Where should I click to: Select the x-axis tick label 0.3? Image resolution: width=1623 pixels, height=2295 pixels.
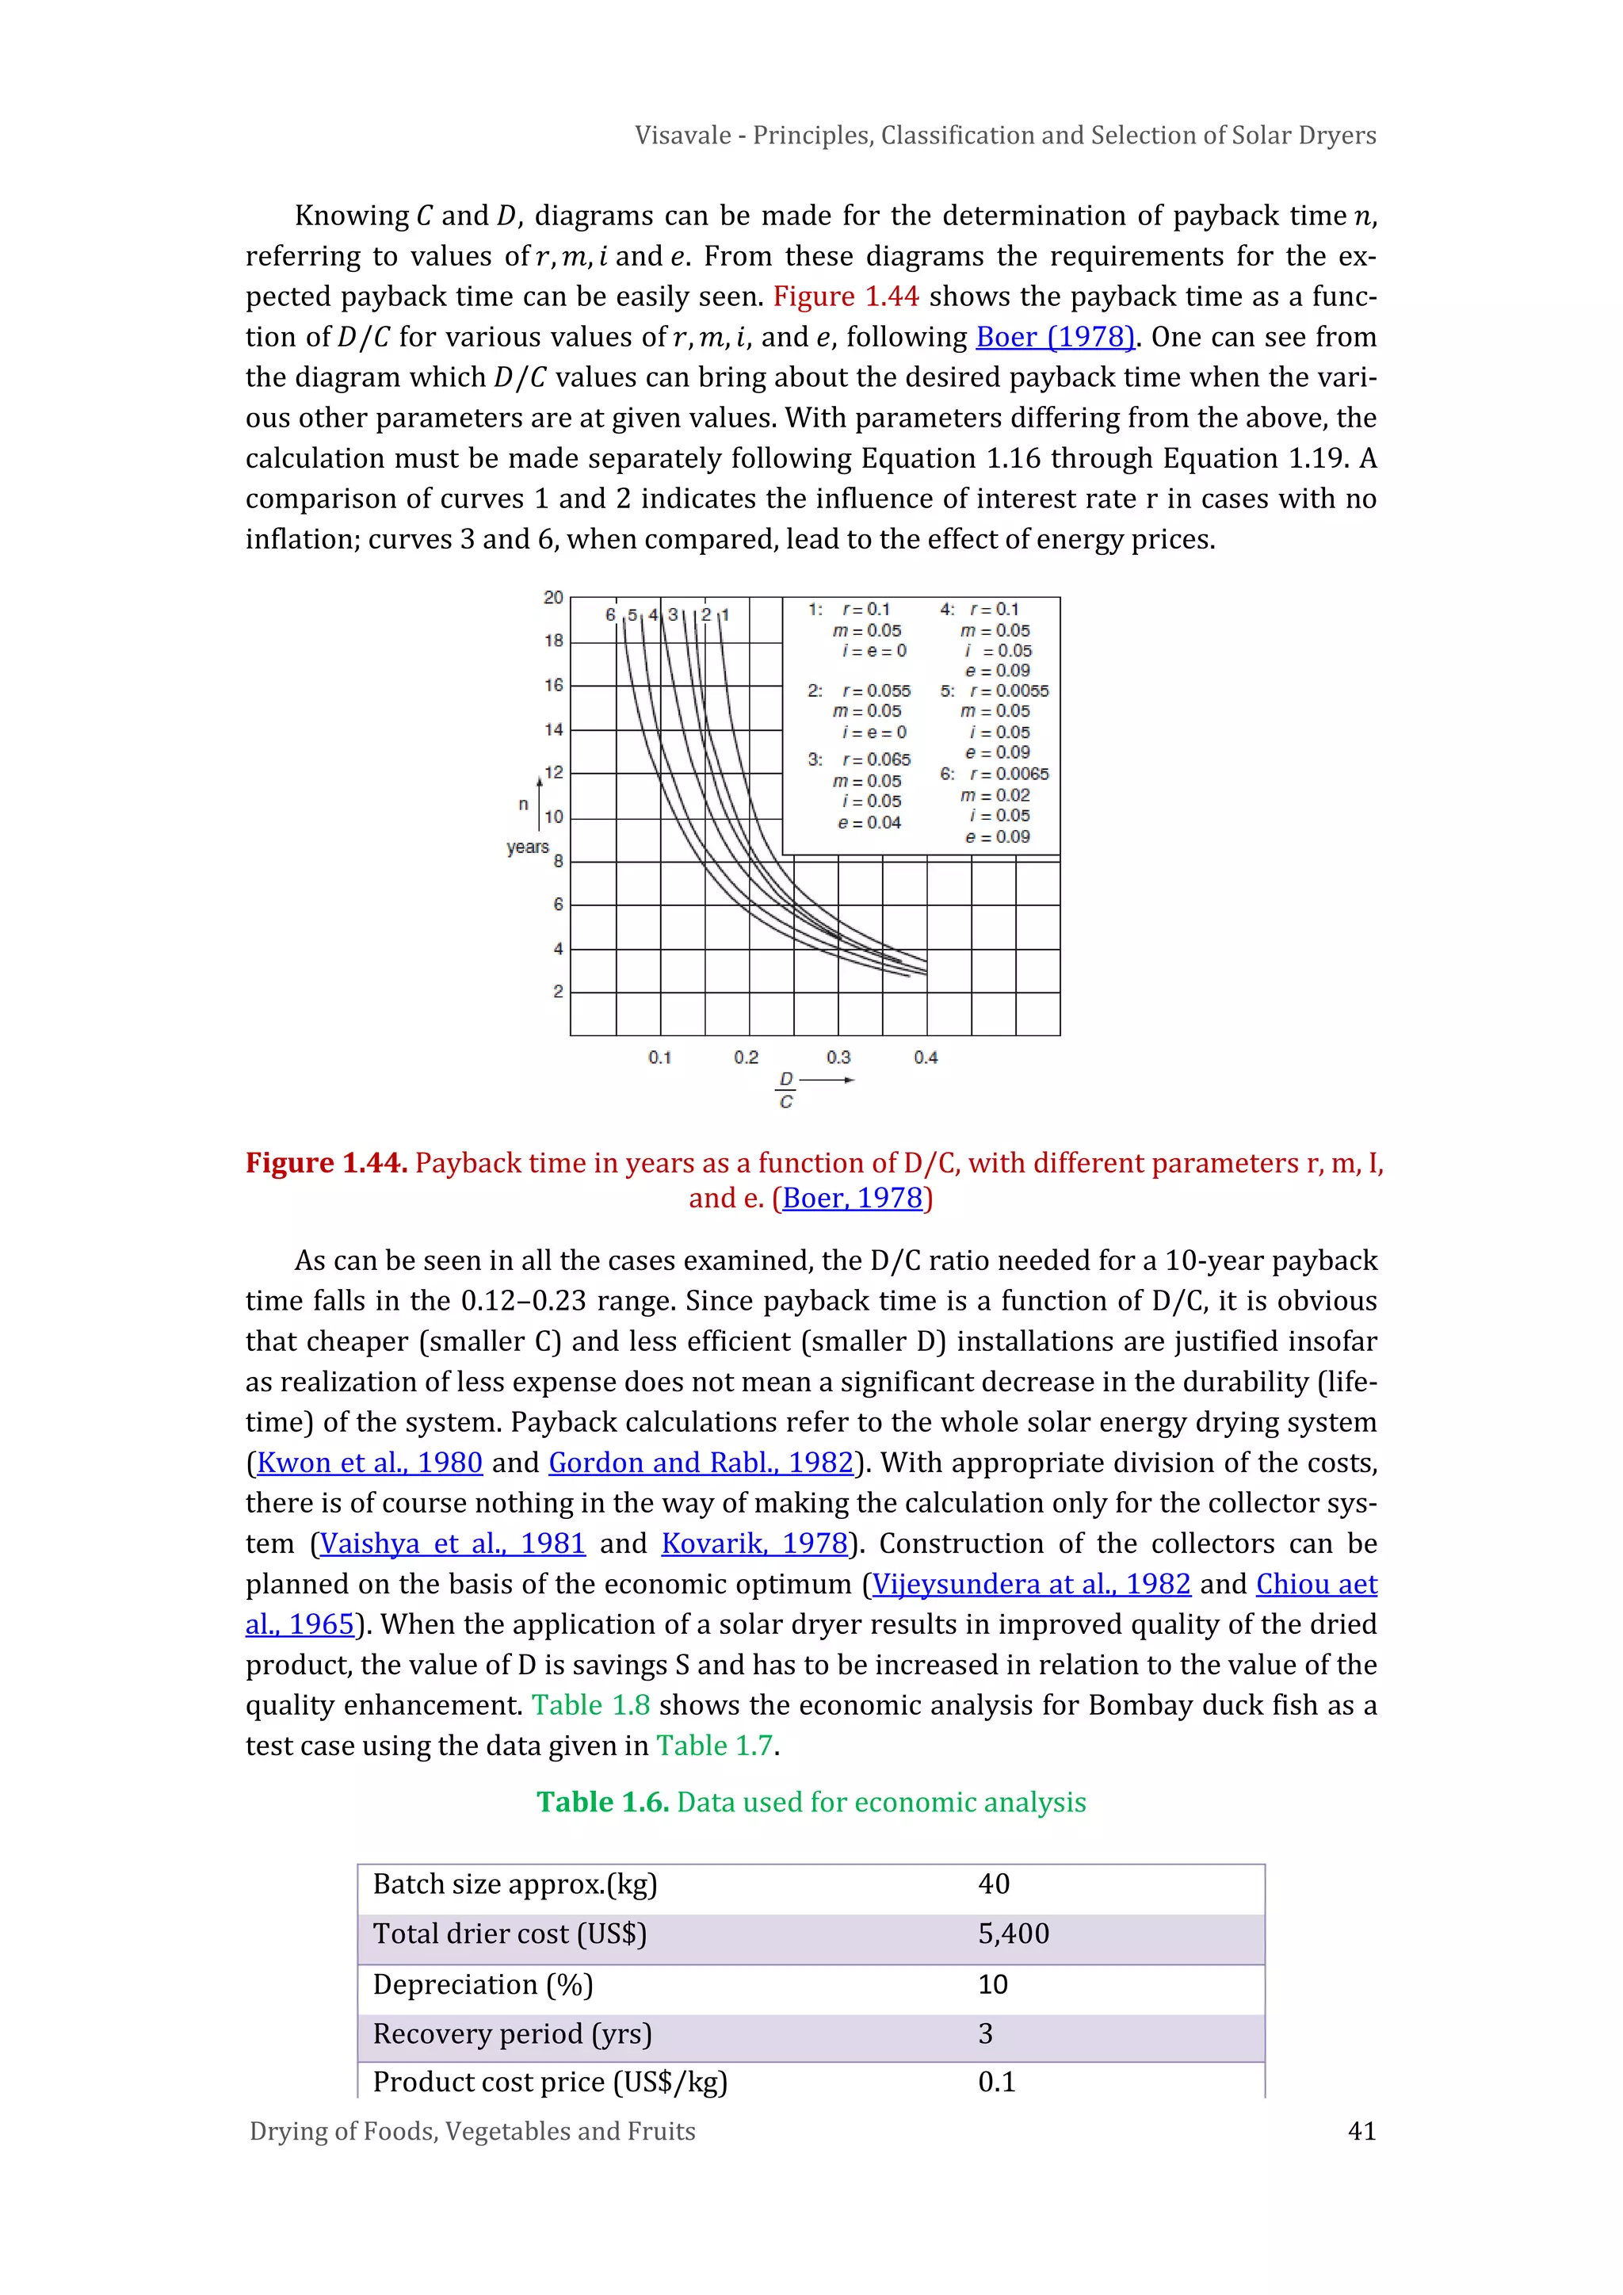coord(838,1058)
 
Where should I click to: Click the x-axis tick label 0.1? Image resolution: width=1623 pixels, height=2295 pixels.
coord(659,1058)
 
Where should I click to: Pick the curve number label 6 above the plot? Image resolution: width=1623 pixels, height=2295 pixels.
coord(611,614)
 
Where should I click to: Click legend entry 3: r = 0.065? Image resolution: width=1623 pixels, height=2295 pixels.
coord(861,759)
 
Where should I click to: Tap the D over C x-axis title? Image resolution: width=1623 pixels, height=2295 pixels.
coord(786,1089)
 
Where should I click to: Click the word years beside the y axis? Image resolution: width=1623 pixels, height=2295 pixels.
coord(527,847)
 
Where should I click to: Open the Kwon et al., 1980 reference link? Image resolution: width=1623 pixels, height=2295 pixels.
coord(369,1463)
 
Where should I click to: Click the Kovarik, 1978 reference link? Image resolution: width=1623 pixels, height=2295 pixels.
coord(754,1543)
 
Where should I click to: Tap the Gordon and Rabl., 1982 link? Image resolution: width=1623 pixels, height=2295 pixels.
coord(701,1463)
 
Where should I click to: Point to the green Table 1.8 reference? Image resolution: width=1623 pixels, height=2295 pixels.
coord(590,1705)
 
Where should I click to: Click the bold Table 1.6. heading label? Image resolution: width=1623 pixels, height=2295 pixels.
coord(601,1802)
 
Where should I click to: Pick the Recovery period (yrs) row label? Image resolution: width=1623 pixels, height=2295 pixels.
coord(512,2034)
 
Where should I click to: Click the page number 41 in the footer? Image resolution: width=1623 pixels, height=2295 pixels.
coord(1361,2131)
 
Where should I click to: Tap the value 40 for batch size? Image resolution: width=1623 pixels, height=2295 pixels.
coord(994,1884)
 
